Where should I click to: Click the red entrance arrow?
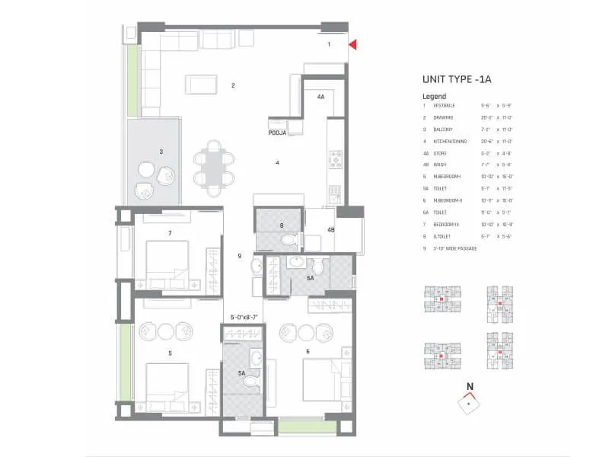(352, 46)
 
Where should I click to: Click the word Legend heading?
(434, 97)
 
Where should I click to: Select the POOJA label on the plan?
(276, 132)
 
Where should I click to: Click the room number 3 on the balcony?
(161, 152)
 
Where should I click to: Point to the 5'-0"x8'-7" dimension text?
(244, 318)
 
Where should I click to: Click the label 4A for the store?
(320, 97)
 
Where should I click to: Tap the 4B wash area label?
(331, 230)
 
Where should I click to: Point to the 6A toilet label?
(309, 279)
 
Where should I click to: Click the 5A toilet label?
(242, 373)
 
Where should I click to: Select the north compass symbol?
(470, 401)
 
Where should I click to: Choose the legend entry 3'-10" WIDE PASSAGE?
(457, 248)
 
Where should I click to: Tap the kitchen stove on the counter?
(334, 160)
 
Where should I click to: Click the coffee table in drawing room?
(202, 85)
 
